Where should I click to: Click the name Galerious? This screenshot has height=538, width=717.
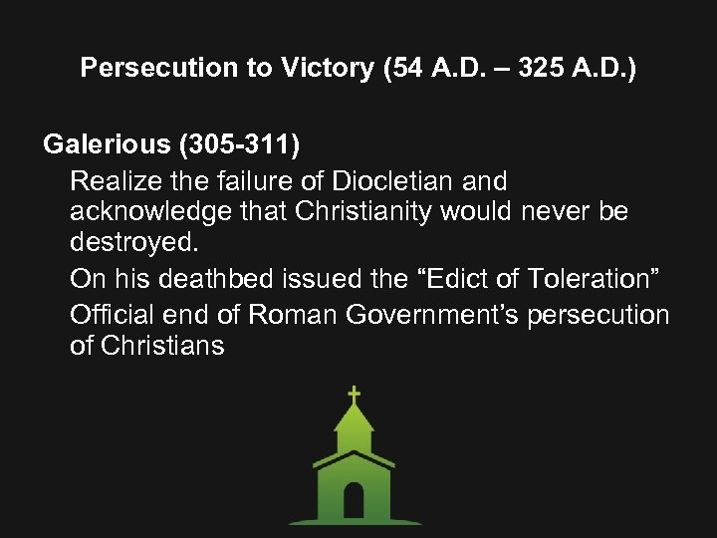pos(108,144)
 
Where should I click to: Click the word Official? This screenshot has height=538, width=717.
pos(107,316)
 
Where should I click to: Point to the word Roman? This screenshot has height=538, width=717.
pos(293,316)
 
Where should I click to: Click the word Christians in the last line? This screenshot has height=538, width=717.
pos(161,346)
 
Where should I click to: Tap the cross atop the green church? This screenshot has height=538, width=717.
pos(354,395)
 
